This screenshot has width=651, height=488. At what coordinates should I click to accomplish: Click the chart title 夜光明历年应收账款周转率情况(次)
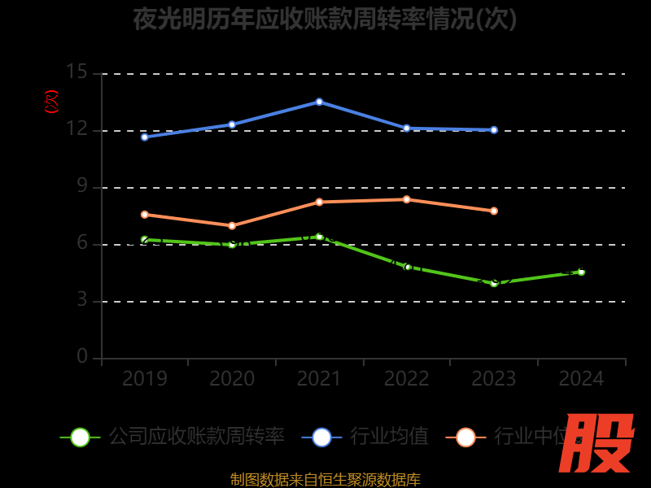[x=325, y=19]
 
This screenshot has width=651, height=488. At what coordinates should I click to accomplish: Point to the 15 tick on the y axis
[x=76, y=72]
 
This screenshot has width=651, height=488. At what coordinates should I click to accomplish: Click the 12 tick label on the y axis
[x=76, y=129]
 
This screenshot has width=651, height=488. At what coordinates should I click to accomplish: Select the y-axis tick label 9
[x=81, y=186]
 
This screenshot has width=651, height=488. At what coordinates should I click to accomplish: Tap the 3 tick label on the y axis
[x=81, y=300]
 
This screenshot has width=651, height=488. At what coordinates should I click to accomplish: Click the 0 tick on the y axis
[x=81, y=357]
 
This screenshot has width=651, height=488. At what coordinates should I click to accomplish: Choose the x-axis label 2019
[x=145, y=379]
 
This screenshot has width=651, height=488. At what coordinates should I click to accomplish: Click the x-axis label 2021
[x=319, y=379]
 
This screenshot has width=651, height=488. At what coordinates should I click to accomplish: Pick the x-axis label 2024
[x=581, y=379]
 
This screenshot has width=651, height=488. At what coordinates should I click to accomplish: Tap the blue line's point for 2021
[x=319, y=102]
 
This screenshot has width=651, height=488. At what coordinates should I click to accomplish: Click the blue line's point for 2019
[x=145, y=137]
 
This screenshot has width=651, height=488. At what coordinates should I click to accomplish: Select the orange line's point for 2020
[x=232, y=225]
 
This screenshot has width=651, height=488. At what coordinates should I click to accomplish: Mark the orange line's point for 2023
[x=494, y=211]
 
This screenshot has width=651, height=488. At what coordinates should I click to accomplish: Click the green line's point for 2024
[x=581, y=272]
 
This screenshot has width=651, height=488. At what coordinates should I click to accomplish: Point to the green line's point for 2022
[x=407, y=267]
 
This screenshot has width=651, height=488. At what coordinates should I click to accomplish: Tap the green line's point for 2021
[x=319, y=237]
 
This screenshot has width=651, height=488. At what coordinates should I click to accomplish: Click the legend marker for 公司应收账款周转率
[x=80, y=437]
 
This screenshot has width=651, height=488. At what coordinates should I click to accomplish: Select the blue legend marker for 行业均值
[x=321, y=437]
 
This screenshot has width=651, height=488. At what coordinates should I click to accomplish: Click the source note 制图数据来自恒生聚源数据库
[x=325, y=480]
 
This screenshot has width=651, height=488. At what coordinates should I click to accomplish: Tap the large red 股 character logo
[x=598, y=443]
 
